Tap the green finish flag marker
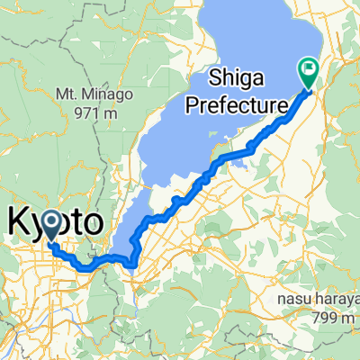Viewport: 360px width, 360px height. pyautogui.click(x=308, y=72)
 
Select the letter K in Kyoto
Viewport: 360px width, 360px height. pyautogui.click(x=19, y=222)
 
